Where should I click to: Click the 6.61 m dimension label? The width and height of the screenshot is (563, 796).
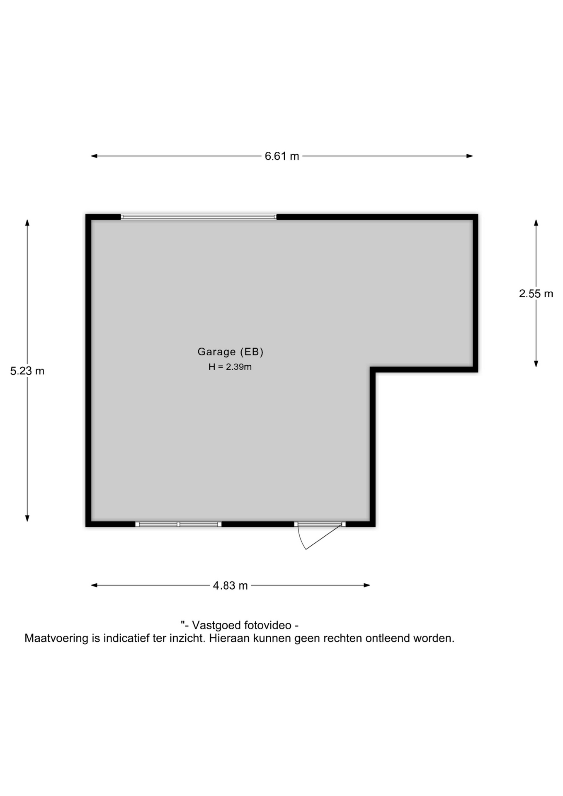[x=282, y=156]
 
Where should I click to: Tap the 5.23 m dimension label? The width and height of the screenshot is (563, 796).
[x=27, y=371]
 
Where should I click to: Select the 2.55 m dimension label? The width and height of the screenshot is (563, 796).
[x=536, y=294]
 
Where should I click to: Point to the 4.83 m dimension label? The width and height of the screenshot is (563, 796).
[x=231, y=585]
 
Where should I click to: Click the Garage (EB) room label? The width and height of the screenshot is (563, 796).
[x=231, y=352]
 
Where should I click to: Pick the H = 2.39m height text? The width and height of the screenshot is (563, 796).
[x=230, y=367]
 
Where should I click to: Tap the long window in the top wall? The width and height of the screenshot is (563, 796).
[x=199, y=217]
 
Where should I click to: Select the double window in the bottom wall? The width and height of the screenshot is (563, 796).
[x=178, y=524]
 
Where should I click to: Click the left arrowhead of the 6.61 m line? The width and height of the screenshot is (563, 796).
[x=94, y=156]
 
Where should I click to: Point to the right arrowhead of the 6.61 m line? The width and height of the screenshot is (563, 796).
[x=470, y=156]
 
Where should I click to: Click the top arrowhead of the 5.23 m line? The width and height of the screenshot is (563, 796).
[x=27, y=223]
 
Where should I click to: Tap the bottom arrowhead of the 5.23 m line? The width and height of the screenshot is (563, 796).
[x=27, y=518]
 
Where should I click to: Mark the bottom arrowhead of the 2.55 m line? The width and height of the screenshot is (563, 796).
[x=536, y=364]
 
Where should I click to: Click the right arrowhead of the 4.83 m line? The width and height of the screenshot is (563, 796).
[x=367, y=585]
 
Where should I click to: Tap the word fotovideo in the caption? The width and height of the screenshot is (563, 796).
[x=267, y=625]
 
